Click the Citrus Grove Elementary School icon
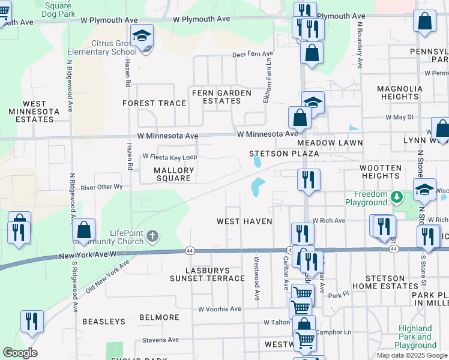142,37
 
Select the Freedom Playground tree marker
396,196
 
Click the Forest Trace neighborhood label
154,103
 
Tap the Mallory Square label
174,174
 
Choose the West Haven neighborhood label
244,221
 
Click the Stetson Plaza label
284,154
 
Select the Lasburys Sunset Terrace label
207,274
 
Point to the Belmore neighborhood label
159,317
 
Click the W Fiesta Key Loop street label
170,157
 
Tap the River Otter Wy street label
101,187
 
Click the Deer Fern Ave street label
253,55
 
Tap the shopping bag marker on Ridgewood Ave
84,230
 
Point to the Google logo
20,353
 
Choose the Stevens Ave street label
160,340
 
